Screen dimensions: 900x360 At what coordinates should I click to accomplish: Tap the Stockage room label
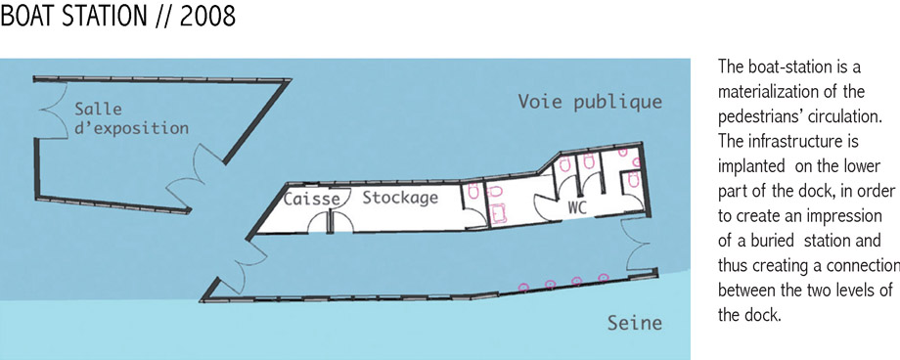(x=400, y=198)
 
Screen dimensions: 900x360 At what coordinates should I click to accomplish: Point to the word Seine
(x=634, y=323)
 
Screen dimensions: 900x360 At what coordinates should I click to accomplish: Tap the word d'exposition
(x=131, y=128)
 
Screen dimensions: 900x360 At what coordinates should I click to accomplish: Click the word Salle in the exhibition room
(x=98, y=109)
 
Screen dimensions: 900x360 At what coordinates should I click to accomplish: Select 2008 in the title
(x=207, y=16)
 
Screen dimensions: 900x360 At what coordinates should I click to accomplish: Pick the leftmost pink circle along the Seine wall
(x=523, y=287)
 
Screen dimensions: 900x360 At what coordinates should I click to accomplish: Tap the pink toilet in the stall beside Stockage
(x=473, y=191)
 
